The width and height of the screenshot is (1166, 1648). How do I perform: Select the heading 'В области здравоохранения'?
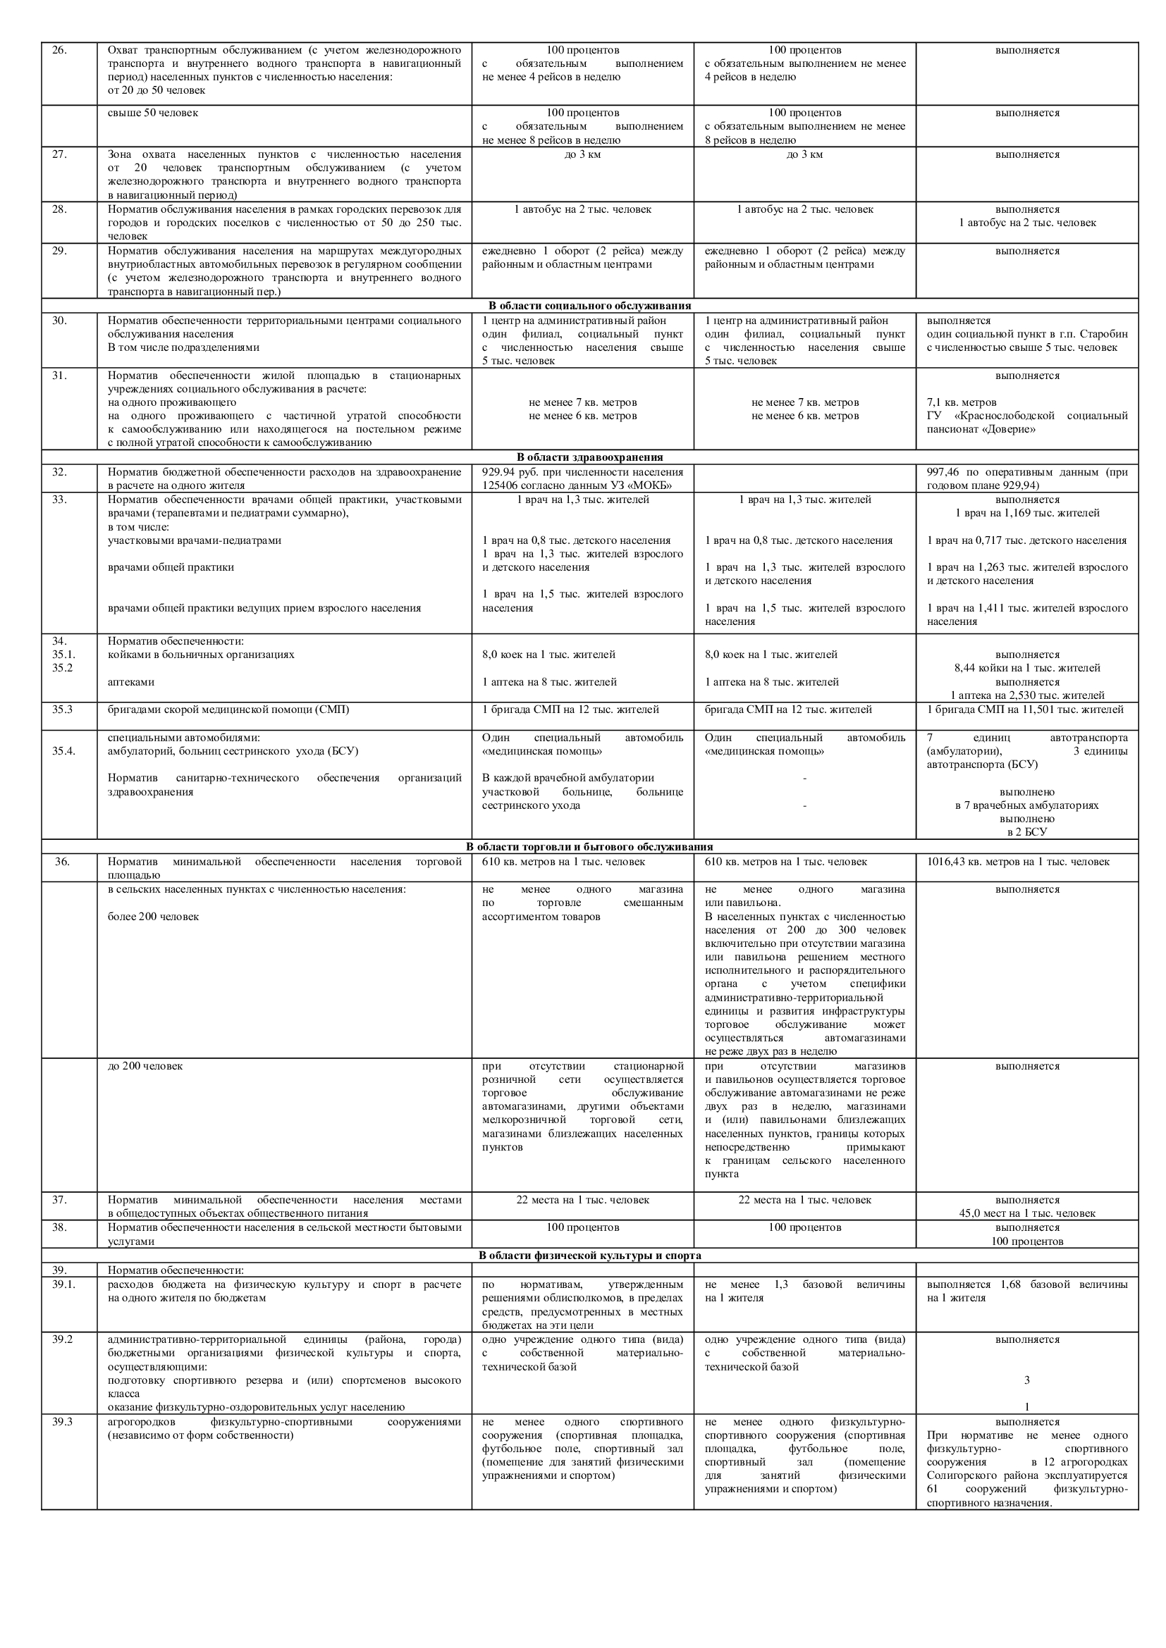pos(589,457)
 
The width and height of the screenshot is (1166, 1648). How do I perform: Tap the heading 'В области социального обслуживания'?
pos(589,306)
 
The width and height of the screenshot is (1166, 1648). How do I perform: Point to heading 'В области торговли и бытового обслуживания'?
pos(589,847)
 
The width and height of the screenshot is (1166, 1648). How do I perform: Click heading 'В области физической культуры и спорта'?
pos(589,1256)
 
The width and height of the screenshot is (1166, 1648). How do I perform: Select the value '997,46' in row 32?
pos(943,472)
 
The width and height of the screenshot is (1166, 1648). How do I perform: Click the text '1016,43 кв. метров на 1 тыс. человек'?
pos(1017,861)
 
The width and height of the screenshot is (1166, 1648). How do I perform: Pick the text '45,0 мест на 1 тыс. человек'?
pos(1026,1214)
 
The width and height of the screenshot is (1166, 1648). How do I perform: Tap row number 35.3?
pos(63,710)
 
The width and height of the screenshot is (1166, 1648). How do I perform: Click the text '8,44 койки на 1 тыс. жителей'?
pos(1026,668)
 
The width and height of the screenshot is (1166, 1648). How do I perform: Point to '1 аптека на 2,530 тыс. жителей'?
pos(1026,695)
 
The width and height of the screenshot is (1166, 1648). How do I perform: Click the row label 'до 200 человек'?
pos(145,1066)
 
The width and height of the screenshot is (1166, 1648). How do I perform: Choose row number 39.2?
pos(62,1339)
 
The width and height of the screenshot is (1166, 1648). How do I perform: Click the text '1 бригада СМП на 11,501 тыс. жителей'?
pos(1025,710)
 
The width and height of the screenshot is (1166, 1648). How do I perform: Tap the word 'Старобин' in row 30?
pos(1104,334)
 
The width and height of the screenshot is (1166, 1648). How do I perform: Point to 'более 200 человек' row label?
pos(153,917)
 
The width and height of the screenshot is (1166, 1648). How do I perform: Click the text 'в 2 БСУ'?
pos(1026,832)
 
